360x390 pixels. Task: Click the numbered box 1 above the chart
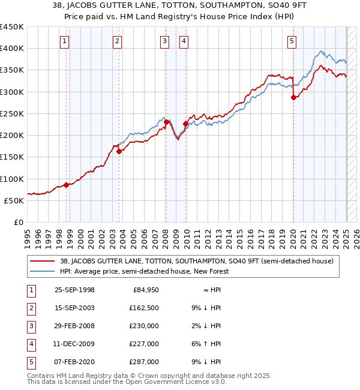click(64, 41)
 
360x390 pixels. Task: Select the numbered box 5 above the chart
click(292, 41)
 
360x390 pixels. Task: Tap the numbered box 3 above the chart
click(164, 41)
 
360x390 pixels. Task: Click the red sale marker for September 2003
click(119, 152)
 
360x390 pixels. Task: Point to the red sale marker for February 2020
click(293, 97)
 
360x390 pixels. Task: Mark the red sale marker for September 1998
click(67, 185)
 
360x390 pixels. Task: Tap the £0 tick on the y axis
click(18, 222)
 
